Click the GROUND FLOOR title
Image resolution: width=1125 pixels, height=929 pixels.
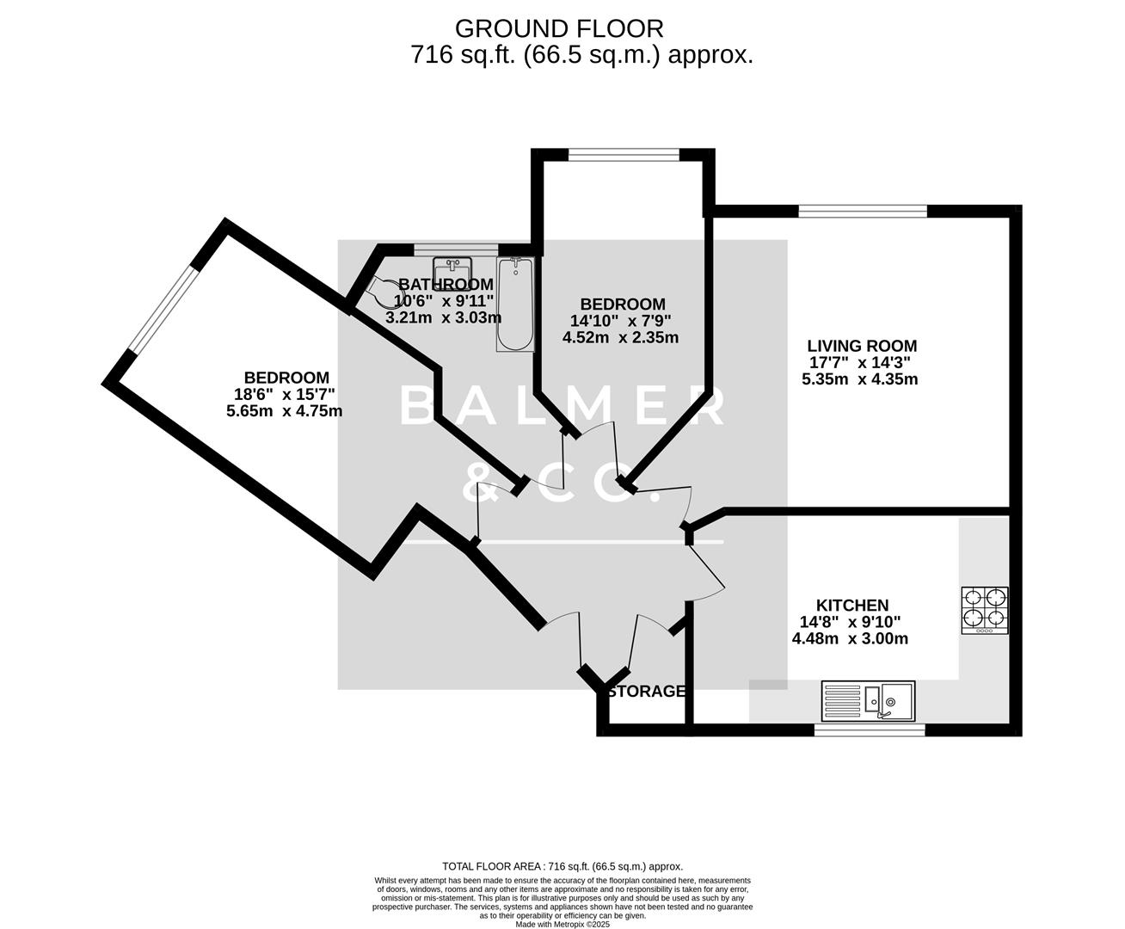pyautogui.click(x=559, y=28)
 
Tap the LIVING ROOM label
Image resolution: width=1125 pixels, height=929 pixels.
pyautogui.click(x=861, y=347)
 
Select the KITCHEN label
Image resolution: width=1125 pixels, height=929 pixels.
pyautogui.click(x=851, y=606)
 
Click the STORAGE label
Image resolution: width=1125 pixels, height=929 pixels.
pyautogui.click(x=646, y=692)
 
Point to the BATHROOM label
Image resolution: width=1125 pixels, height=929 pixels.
pyautogui.click(x=446, y=285)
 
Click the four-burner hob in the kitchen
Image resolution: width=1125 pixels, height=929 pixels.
pyautogui.click(x=985, y=610)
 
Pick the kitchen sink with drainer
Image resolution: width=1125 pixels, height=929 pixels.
pyautogui.click(x=869, y=700)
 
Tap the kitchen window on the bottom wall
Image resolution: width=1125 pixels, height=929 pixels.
pyautogui.click(x=870, y=730)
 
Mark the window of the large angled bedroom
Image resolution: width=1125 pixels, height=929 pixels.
pyautogui.click(x=164, y=307)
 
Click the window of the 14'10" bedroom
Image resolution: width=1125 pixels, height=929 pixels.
pyautogui.click(x=624, y=155)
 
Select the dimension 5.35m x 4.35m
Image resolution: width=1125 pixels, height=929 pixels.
pyautogui.click(x=860, y=379)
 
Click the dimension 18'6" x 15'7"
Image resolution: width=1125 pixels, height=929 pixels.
pyautogui.click(x=286, y=395)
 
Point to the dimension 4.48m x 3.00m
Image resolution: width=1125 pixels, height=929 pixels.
pyautogui.click(x=850, y=639)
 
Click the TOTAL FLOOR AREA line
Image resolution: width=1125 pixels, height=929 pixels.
pyautogui.click(x=562, y=866)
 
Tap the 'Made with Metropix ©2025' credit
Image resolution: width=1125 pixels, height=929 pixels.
pyautogui.click(x=562, y=925)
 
